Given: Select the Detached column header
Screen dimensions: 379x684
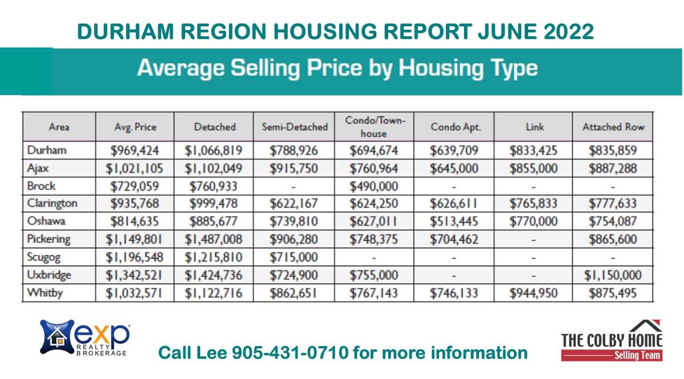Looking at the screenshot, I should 214,127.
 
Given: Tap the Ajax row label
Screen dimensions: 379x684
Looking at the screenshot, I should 36,168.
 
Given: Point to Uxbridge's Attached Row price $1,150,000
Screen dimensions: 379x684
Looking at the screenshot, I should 612,275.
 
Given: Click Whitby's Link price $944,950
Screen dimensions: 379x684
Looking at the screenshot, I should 533,293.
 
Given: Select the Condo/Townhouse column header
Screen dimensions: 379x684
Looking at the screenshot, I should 374,127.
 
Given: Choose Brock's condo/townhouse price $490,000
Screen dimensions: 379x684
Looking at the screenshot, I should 374,186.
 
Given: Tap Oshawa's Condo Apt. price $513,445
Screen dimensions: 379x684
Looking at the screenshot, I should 454,222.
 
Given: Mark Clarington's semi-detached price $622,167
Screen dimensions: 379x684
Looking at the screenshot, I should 293,204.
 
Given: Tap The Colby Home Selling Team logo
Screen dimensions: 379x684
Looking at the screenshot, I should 611,340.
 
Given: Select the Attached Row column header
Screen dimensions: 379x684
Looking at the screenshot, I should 613,127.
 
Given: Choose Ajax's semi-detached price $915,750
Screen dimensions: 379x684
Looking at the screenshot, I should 293,168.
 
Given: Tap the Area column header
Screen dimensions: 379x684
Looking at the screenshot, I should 59,127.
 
